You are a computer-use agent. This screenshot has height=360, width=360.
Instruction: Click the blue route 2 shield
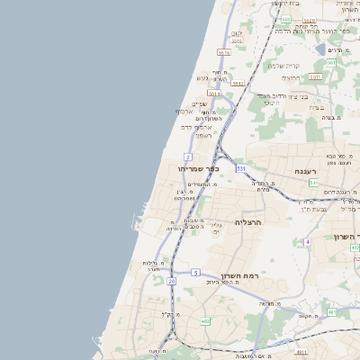coord(188,157)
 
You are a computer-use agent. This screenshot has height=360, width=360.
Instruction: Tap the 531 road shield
coord(241,168)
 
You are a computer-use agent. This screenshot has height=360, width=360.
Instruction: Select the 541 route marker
coord(313,183)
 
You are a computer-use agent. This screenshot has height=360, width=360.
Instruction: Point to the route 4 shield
coord(307,241)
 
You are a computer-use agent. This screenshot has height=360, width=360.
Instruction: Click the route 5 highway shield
coord(195,272)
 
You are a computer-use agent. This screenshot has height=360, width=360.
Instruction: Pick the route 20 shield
coord(171,281)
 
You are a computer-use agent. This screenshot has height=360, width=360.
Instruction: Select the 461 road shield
coord(332,312)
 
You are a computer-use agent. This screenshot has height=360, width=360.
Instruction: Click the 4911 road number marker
coord(302,353)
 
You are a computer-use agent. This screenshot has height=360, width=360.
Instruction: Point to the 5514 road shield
coord(214,93)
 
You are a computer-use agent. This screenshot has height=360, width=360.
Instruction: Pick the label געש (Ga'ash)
coord(202,77)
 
